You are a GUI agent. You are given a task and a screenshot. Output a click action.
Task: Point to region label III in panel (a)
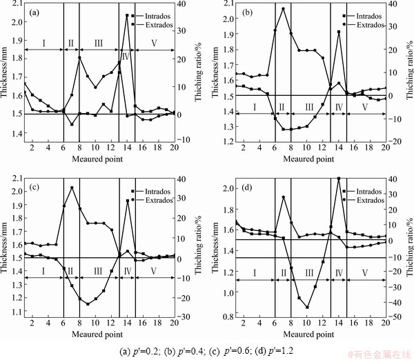(99, 43)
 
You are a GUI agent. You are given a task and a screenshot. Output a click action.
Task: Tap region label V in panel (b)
(364, 106)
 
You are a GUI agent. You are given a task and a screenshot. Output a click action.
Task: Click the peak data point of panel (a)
(127, 15)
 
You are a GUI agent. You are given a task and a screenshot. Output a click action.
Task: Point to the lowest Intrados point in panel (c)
(88, 304)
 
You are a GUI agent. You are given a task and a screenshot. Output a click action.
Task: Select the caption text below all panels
(207, 350)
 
